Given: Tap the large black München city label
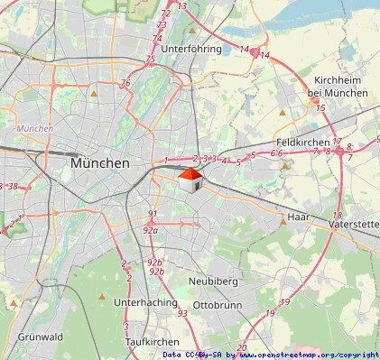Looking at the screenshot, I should pyautogui.click(x=99, y=163).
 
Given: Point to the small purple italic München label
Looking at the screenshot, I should pyautogui.click(x=35, y=129).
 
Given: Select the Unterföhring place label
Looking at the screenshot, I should pyautogui.click(x=191, y=49).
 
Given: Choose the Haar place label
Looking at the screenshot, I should pyautogui.click(x=299, y=217).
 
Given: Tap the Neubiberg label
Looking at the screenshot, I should pyautogui.click(x=212, y=282).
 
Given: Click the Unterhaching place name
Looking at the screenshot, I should pyautogui.click(x=145, y=303).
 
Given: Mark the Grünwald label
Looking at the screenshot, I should pyautogui.click(x=40, y=337).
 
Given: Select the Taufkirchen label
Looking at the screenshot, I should pyautogui.click(x=152, y=342).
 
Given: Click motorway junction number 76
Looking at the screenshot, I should pyautogui.click(x=125, y=83).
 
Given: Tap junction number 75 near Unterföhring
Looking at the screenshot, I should pyautogui.click(x=151, y=60).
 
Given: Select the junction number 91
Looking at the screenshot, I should pyautogui.click(x=152, y=214).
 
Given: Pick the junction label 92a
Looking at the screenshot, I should pyautogui.click(x=151, y=230).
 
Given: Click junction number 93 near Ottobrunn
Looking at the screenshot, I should pyautogui.click(x=182, y=314).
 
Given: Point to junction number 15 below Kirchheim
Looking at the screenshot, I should pyautogui.click(x=320, y=108).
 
